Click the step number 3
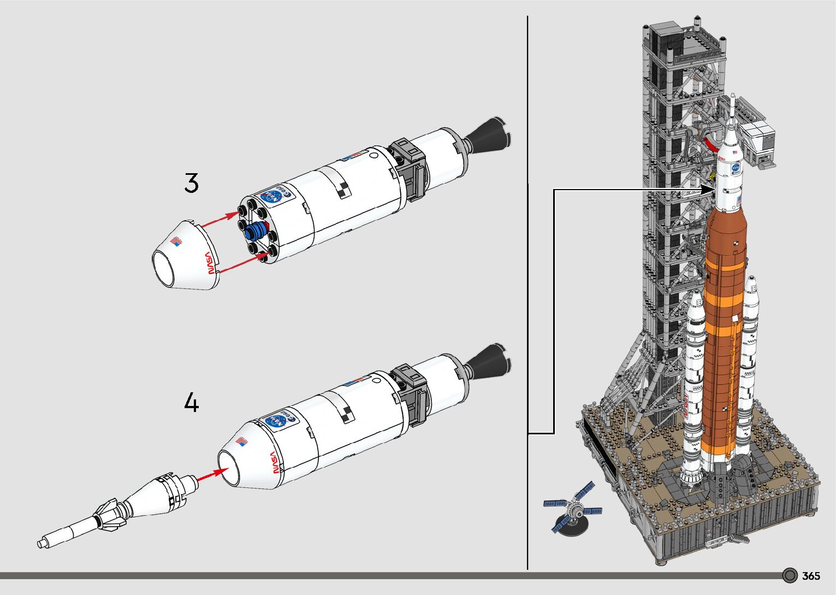(191, 183)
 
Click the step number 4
(191, 404)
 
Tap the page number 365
(811, 576)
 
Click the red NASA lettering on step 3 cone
(208, 262)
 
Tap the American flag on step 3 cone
(176, 240)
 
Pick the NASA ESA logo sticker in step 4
(280, 420)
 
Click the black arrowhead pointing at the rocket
(708, 189)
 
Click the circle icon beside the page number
(790, 576)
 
